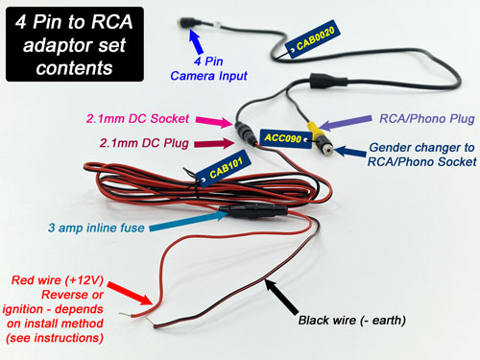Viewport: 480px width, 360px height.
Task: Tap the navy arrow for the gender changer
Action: [x=340, y=148]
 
